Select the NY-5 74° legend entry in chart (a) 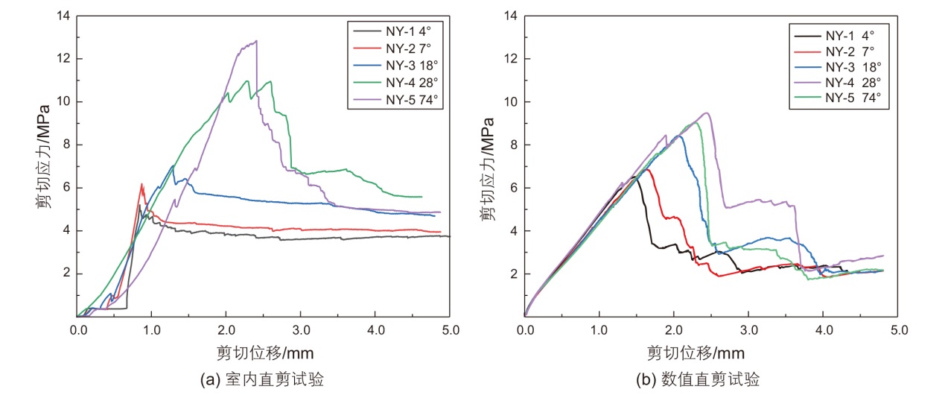click(x=395, y=98)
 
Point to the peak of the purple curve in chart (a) click(x=256, y=41)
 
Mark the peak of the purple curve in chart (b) click(x=706, y=113)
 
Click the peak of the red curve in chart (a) click(x=141, y=183)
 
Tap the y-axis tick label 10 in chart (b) click(x=510, y=101)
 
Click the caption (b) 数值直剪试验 click(x=710, y=379)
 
